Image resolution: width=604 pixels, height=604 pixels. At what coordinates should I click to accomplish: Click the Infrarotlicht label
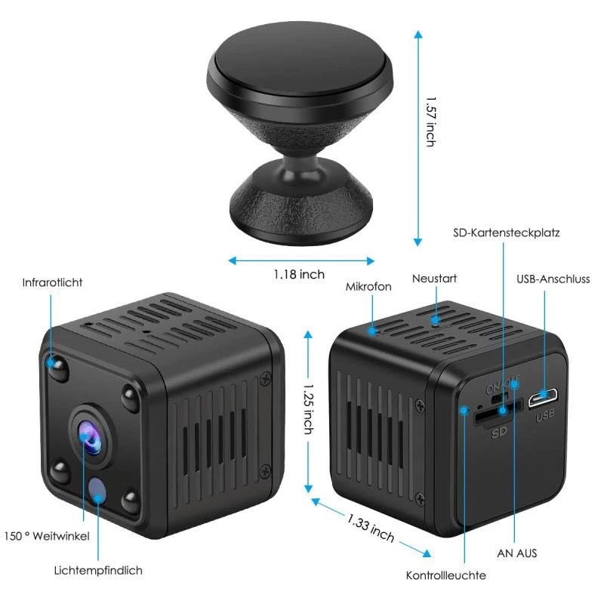click(x=52, y=282)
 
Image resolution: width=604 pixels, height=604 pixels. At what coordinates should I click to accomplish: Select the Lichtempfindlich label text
click(x=98, y=570)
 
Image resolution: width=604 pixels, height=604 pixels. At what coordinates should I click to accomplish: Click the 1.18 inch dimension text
click(x=299, y=274)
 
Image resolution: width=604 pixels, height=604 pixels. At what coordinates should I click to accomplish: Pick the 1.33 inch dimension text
click(x=371, y=527)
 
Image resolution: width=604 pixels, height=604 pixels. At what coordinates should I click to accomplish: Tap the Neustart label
click(x=434, y=279)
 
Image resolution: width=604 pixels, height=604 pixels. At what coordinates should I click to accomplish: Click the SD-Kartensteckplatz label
click(x=506, y=233)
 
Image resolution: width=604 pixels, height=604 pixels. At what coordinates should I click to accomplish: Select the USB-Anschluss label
click(x=553, y=279)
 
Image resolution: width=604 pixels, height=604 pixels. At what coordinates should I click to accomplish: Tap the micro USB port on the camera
click(x=544, y=397)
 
